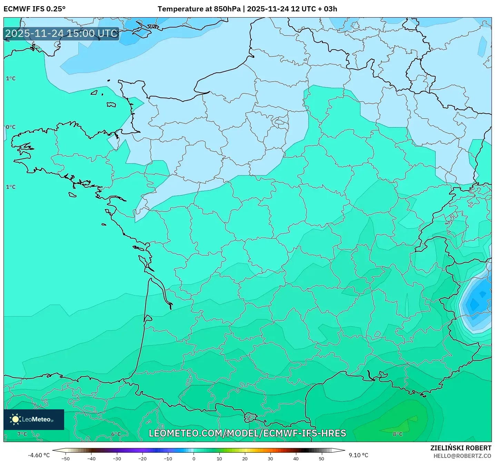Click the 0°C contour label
[11, 127]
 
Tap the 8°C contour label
[397, 434]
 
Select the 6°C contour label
[116, 434]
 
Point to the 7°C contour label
[22, 434]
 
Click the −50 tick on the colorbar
[65, 458]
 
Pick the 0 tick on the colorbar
[194, 458]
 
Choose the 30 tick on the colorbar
[270, 458]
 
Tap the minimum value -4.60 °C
[39, 455]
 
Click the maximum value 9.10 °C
[358, 455]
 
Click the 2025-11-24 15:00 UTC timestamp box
[61, 33]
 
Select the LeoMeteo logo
[34, 419]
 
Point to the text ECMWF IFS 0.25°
[34, 9]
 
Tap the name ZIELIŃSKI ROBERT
[461, 448]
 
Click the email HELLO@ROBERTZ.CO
[462, 456]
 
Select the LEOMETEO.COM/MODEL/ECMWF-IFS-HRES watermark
[247, 433]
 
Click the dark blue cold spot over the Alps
[478, 301]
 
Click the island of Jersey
[111, 104]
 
